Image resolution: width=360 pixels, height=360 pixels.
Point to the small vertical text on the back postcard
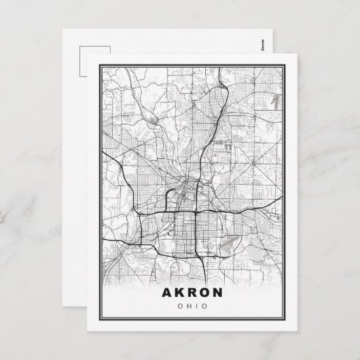click(x=263, y=46)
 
